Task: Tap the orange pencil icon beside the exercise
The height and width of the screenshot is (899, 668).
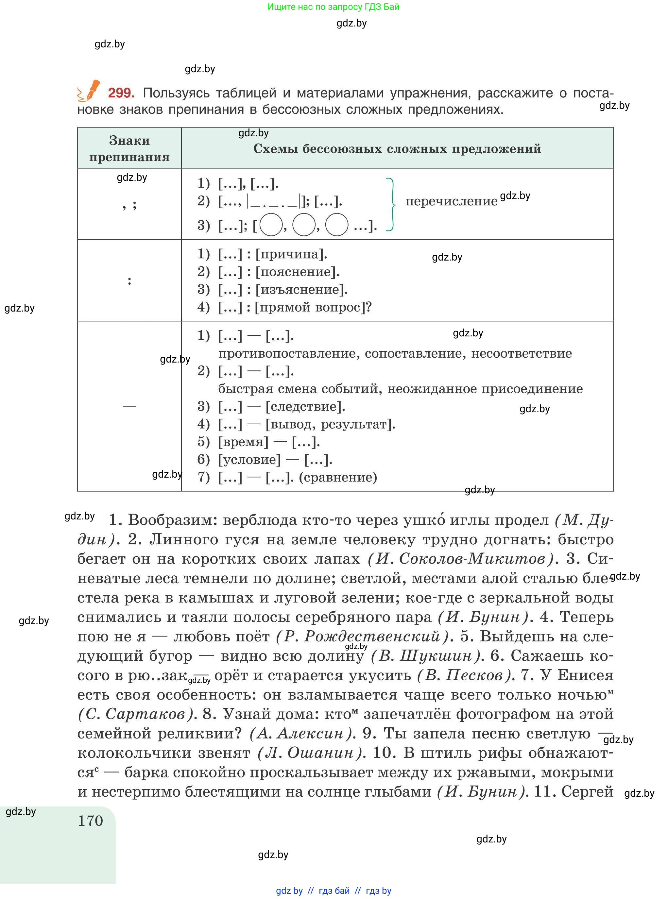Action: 90,91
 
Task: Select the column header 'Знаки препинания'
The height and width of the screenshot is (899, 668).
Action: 129,148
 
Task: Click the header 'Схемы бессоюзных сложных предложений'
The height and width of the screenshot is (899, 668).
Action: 397,149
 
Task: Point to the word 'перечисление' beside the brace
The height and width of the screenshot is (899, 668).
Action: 451,201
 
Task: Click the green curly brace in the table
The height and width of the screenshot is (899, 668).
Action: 391,204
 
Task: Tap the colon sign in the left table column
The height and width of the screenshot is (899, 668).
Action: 129,280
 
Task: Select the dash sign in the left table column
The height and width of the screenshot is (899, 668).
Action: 129,406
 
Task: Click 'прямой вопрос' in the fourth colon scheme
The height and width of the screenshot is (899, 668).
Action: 309,307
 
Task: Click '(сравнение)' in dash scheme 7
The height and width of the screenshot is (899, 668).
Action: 338,477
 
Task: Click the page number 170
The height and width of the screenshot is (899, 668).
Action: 91,821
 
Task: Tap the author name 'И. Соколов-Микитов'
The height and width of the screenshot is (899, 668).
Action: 461,559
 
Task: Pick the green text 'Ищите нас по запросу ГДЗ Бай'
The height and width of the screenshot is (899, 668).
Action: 333,7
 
